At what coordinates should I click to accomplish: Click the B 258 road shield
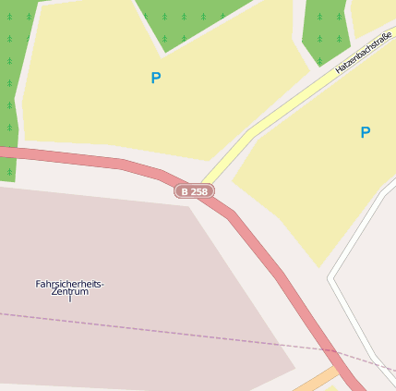(194, 191)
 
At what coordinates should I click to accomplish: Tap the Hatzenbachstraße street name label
(364, 52)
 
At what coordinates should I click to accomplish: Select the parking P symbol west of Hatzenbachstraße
(155, 79)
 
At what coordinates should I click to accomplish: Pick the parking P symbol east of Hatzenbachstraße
(365, 133)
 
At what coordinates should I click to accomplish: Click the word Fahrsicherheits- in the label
(69, 284)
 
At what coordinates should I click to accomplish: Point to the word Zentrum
(70, 292)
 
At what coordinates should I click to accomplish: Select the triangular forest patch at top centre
(189, 18)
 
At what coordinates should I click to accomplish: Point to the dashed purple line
(138, 328)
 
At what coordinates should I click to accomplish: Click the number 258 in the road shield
(199, 191)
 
